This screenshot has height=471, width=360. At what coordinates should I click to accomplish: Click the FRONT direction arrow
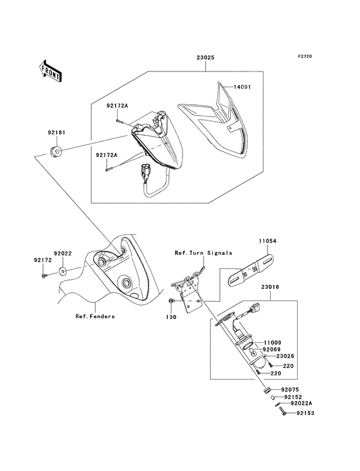51,70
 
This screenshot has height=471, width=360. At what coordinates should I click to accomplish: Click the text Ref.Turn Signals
203,253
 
